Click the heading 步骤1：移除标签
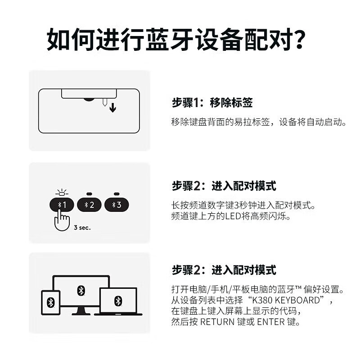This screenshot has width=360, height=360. pos(212,103)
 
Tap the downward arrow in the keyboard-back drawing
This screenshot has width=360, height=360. pos(112,108)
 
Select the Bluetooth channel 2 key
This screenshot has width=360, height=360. pos(89,205)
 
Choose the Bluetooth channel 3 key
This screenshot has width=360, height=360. pos(117,205)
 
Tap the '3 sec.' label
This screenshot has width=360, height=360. pos(82,228)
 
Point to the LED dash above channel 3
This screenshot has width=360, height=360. pos(117,194)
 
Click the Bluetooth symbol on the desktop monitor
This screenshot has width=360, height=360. pos(81,290)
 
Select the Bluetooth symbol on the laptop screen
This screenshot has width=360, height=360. pos(118,300)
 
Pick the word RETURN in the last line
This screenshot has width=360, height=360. pos(217,322)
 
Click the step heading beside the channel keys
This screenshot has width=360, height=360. pos(224,186)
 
